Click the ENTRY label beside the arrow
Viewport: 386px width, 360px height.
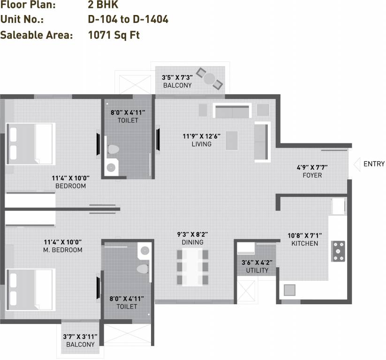[x=374, y=164]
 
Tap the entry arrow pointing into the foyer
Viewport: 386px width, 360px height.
[x=356, y=164]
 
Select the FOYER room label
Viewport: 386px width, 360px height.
[x=312, y=175]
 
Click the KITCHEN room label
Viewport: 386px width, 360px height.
[x=304, y=243]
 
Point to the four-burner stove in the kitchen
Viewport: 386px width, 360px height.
[x=338, y=251]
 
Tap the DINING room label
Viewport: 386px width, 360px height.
[x=192, y=242]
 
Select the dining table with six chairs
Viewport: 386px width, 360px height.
[x=192, y=267]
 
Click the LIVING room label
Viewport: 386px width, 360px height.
[x=201, y=144]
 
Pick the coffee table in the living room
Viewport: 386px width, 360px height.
[x=231, y=141]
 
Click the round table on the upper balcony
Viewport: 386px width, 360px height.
[x=209, y=78]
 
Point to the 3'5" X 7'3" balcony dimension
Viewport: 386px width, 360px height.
[x=177, y=77]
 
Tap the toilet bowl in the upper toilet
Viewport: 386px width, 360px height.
[x=113, y=150]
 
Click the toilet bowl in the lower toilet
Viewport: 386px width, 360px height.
[x=142, y=269]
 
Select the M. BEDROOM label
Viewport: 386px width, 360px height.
[x=63, y=250]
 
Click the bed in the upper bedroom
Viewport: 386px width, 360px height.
[x=30, y=143]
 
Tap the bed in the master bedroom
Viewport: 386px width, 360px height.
[x=30, y=290]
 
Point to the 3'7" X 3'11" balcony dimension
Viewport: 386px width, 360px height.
[x=80, y=336]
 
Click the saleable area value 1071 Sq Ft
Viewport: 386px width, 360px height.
[x=114, y=35]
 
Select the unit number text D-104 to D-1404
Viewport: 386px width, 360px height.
[x=128, y=20]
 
